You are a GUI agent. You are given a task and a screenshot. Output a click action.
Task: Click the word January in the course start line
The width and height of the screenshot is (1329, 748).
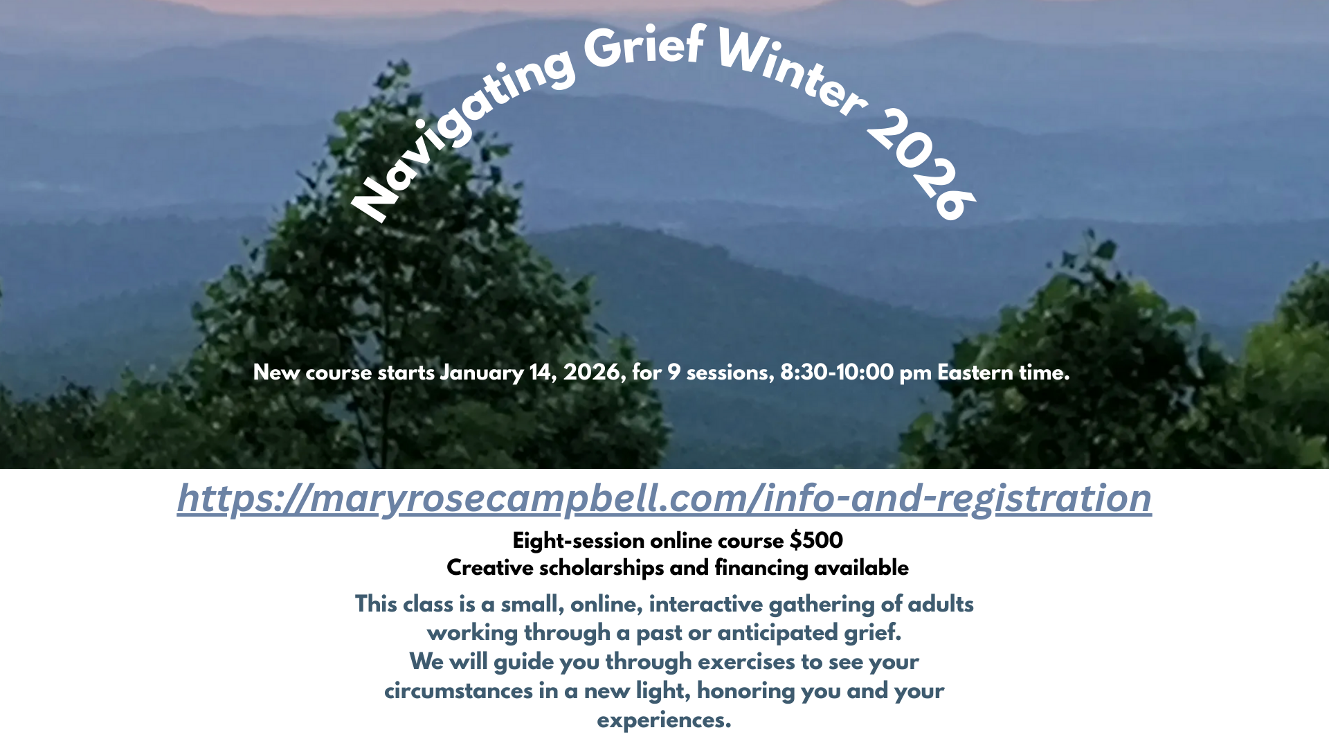tap(482, 373)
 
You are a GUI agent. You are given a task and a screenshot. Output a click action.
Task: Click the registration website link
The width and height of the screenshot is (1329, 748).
tap(664, 498)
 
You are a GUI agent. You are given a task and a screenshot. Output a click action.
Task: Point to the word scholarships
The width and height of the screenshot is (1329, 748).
tap(601, 568)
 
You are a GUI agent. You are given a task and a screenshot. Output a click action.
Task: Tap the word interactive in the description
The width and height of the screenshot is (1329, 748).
tap(705, 604)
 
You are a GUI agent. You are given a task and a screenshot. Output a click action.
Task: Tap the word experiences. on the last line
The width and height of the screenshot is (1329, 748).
tap(664, 720)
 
